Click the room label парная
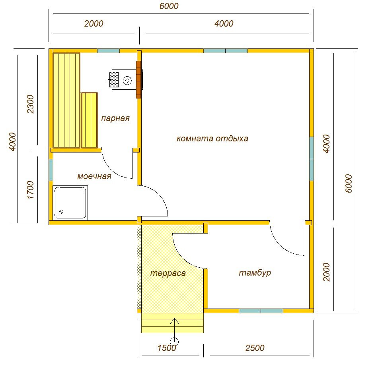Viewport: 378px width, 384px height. pos(115,118)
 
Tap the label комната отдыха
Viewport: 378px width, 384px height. pos(212,139)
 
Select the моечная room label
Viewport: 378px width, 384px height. pos(94,176)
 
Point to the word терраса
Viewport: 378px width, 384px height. pos(168,273)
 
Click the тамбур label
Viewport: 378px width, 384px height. pos(255,272)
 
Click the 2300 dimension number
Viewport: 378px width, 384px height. pos(31,104)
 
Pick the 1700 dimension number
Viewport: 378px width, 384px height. pos(31,190)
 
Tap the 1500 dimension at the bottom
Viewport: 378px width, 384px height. pos(167,348)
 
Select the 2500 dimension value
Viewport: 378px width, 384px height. pos(255,348)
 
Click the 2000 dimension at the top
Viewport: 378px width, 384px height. pos(94,23)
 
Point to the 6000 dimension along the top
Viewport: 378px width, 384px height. pos(169,6)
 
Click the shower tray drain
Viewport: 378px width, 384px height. pos(61,212)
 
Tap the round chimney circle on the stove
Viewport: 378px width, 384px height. pos(127,81)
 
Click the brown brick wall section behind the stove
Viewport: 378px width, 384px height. pos(139,79)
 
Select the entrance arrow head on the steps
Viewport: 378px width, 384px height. pos(175,321)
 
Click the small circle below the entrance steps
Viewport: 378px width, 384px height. pos(174,341)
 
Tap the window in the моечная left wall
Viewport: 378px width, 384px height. pos(51,170)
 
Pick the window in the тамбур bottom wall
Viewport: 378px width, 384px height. pos(261,311)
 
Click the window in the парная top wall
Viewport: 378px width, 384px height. pos(109,51)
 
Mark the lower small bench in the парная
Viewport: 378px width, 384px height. pos(90,120)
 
